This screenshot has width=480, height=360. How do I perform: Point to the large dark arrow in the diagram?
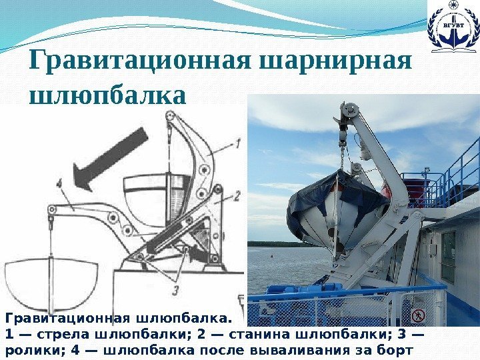click(109, 158)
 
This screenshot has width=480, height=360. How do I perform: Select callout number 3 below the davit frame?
click(175, 289)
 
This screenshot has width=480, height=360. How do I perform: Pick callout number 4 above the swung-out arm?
click(61, 181)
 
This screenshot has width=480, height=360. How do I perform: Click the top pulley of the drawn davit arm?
click(171, 119)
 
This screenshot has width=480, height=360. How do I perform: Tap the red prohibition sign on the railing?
click(418, 315)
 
